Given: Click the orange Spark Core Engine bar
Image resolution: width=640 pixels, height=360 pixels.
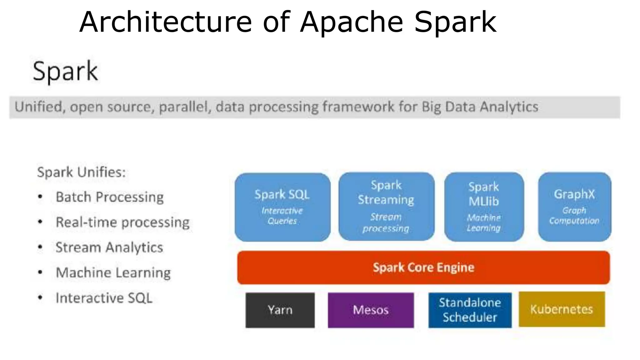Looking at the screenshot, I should tap(423, 267).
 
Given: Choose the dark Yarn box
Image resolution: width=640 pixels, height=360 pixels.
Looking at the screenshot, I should tap(280, 310).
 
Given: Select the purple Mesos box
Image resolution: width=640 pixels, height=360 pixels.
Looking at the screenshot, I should tap(371, 310).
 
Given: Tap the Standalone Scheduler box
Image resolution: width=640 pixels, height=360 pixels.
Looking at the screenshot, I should tap(470, 310).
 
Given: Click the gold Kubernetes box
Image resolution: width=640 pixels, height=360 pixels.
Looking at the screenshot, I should tap(562, 309).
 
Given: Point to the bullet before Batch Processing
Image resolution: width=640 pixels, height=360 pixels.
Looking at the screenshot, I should tap(40, 197).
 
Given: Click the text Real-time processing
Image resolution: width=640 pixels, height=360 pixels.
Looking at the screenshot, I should tap(122, 222).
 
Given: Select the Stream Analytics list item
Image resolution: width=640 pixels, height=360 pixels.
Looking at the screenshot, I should tap(109, 247).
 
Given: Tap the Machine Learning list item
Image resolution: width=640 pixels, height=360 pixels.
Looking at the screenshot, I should tap(113, 273).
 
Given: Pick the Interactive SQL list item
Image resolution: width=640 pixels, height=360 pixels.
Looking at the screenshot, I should tap(104, 298).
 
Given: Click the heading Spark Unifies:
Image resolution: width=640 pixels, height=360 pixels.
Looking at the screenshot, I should tap(81, 172).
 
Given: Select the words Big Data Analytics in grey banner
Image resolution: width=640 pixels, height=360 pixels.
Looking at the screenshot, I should tap(480, 107).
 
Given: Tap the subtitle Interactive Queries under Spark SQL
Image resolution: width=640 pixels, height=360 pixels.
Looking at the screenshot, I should tap(282, 216).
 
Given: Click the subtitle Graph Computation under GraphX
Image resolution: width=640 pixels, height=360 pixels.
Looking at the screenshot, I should tap(574, 216).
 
